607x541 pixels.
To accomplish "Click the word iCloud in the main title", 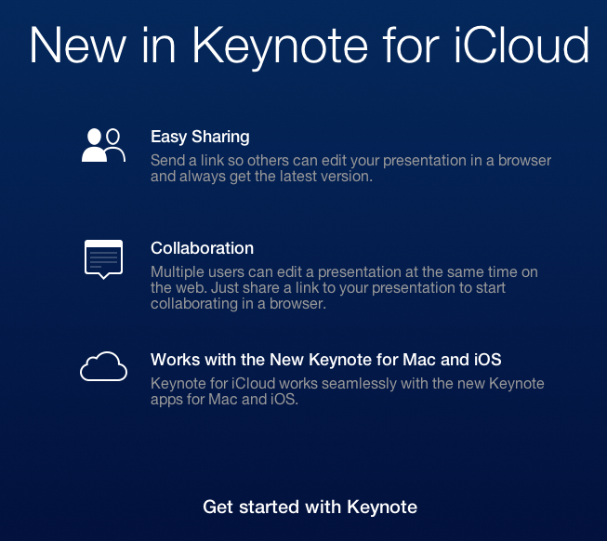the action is (521, 45).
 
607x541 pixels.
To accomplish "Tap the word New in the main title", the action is (78, 45).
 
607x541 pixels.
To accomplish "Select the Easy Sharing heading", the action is (200, 137).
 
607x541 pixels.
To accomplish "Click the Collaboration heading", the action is (202, 248).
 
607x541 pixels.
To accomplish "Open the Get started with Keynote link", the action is (310, 507).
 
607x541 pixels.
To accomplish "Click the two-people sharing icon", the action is (103, 145).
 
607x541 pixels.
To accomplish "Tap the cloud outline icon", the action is (103, 366).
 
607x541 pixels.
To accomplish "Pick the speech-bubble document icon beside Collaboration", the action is (103, 259).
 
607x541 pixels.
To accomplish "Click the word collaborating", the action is (194, 304).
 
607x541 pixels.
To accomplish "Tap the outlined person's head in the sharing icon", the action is (112, 137).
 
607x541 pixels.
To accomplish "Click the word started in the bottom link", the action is (269, 507).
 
